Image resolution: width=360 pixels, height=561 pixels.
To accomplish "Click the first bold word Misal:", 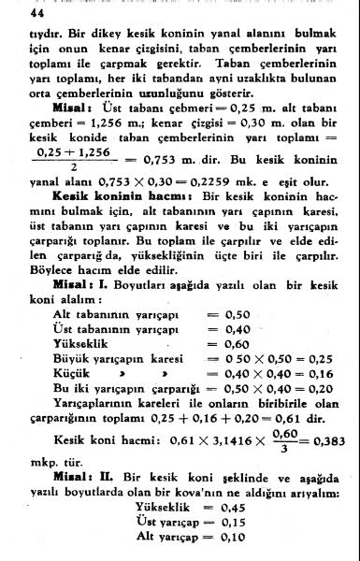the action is (x=72, y=108).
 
